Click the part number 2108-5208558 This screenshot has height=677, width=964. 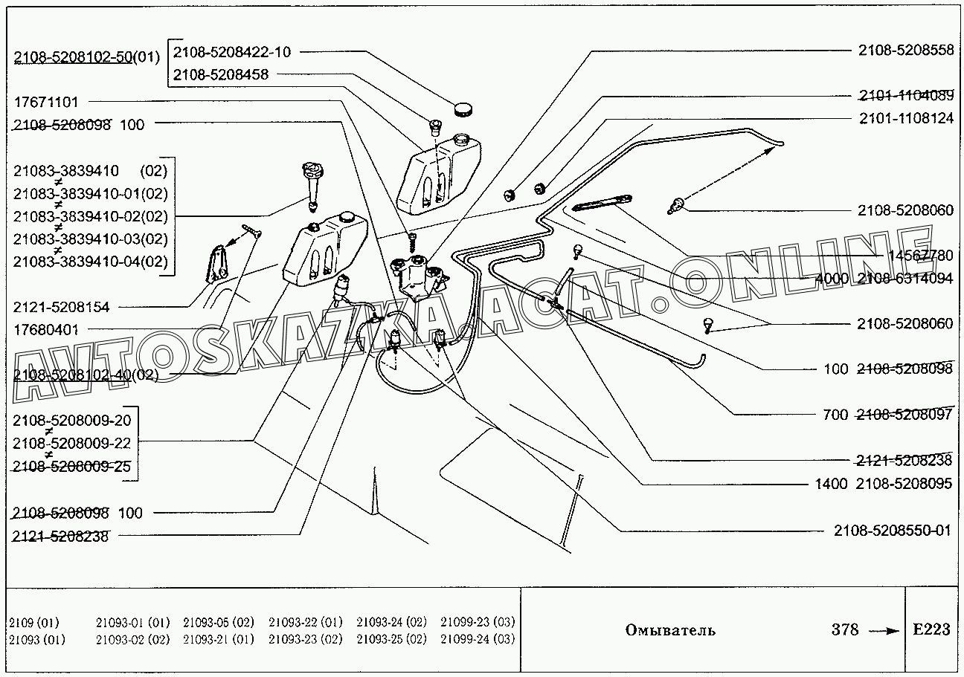click(905, 51)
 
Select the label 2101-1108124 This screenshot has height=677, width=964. click(905, 118)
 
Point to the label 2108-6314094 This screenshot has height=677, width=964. click(904, 279)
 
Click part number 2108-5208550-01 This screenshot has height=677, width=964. click(893, 531)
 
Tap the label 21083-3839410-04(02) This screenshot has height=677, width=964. click(90, 262)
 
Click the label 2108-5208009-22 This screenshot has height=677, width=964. click(71, 443)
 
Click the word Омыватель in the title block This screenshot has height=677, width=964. click(670, 630)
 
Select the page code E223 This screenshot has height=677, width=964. click(931, 629)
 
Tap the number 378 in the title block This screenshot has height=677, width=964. click(845, 630)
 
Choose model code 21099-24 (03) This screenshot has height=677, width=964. click(478, 639)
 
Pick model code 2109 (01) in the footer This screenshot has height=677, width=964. click(34, 622)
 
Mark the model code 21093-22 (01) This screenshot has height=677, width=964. click(305, 622)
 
